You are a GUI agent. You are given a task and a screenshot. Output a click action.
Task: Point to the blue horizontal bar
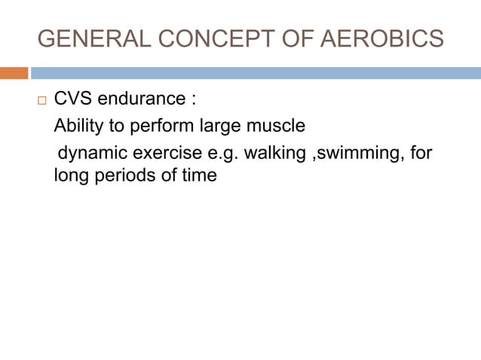(x=256, y=73)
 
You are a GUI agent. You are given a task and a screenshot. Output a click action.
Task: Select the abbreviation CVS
(x=73, y=99)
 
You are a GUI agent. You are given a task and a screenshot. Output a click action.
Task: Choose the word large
(x=219, y=127)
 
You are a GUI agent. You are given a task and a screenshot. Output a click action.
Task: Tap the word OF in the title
(x=287, y=38)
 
